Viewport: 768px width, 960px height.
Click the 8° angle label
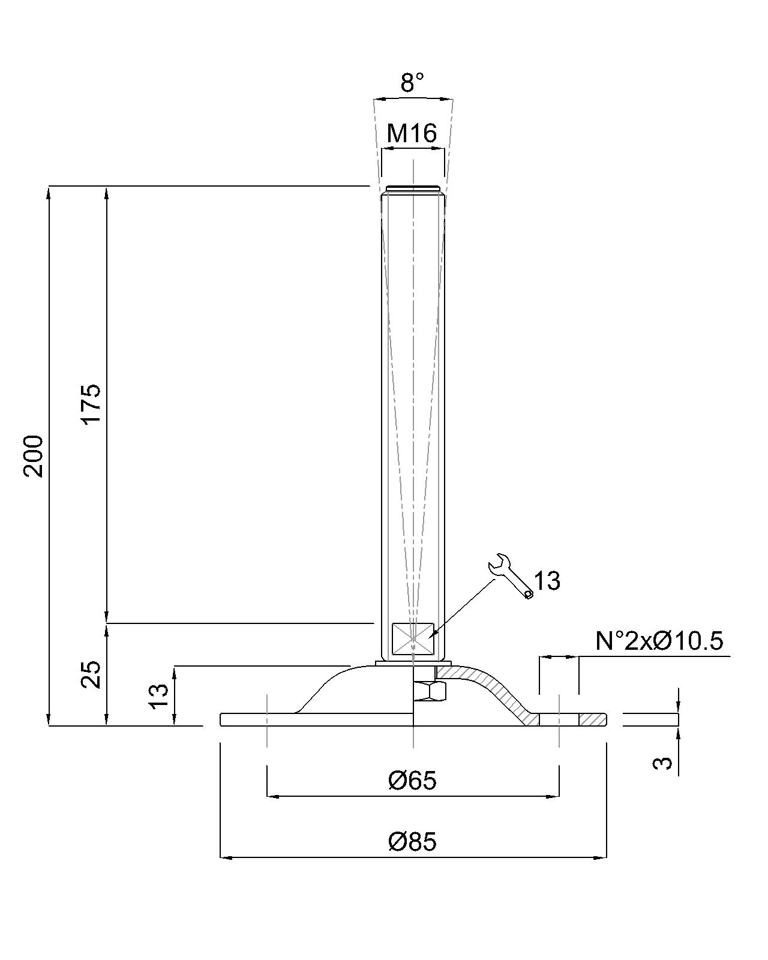pos(412,82)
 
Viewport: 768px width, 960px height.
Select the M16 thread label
pos(412,133)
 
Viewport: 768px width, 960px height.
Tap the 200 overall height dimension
pos(34,457)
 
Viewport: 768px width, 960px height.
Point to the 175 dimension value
pos(91,404)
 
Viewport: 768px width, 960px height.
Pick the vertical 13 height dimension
pos(160,696)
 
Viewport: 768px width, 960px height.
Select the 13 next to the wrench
pos(547,581)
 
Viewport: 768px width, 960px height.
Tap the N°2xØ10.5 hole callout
pos(659,641)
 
